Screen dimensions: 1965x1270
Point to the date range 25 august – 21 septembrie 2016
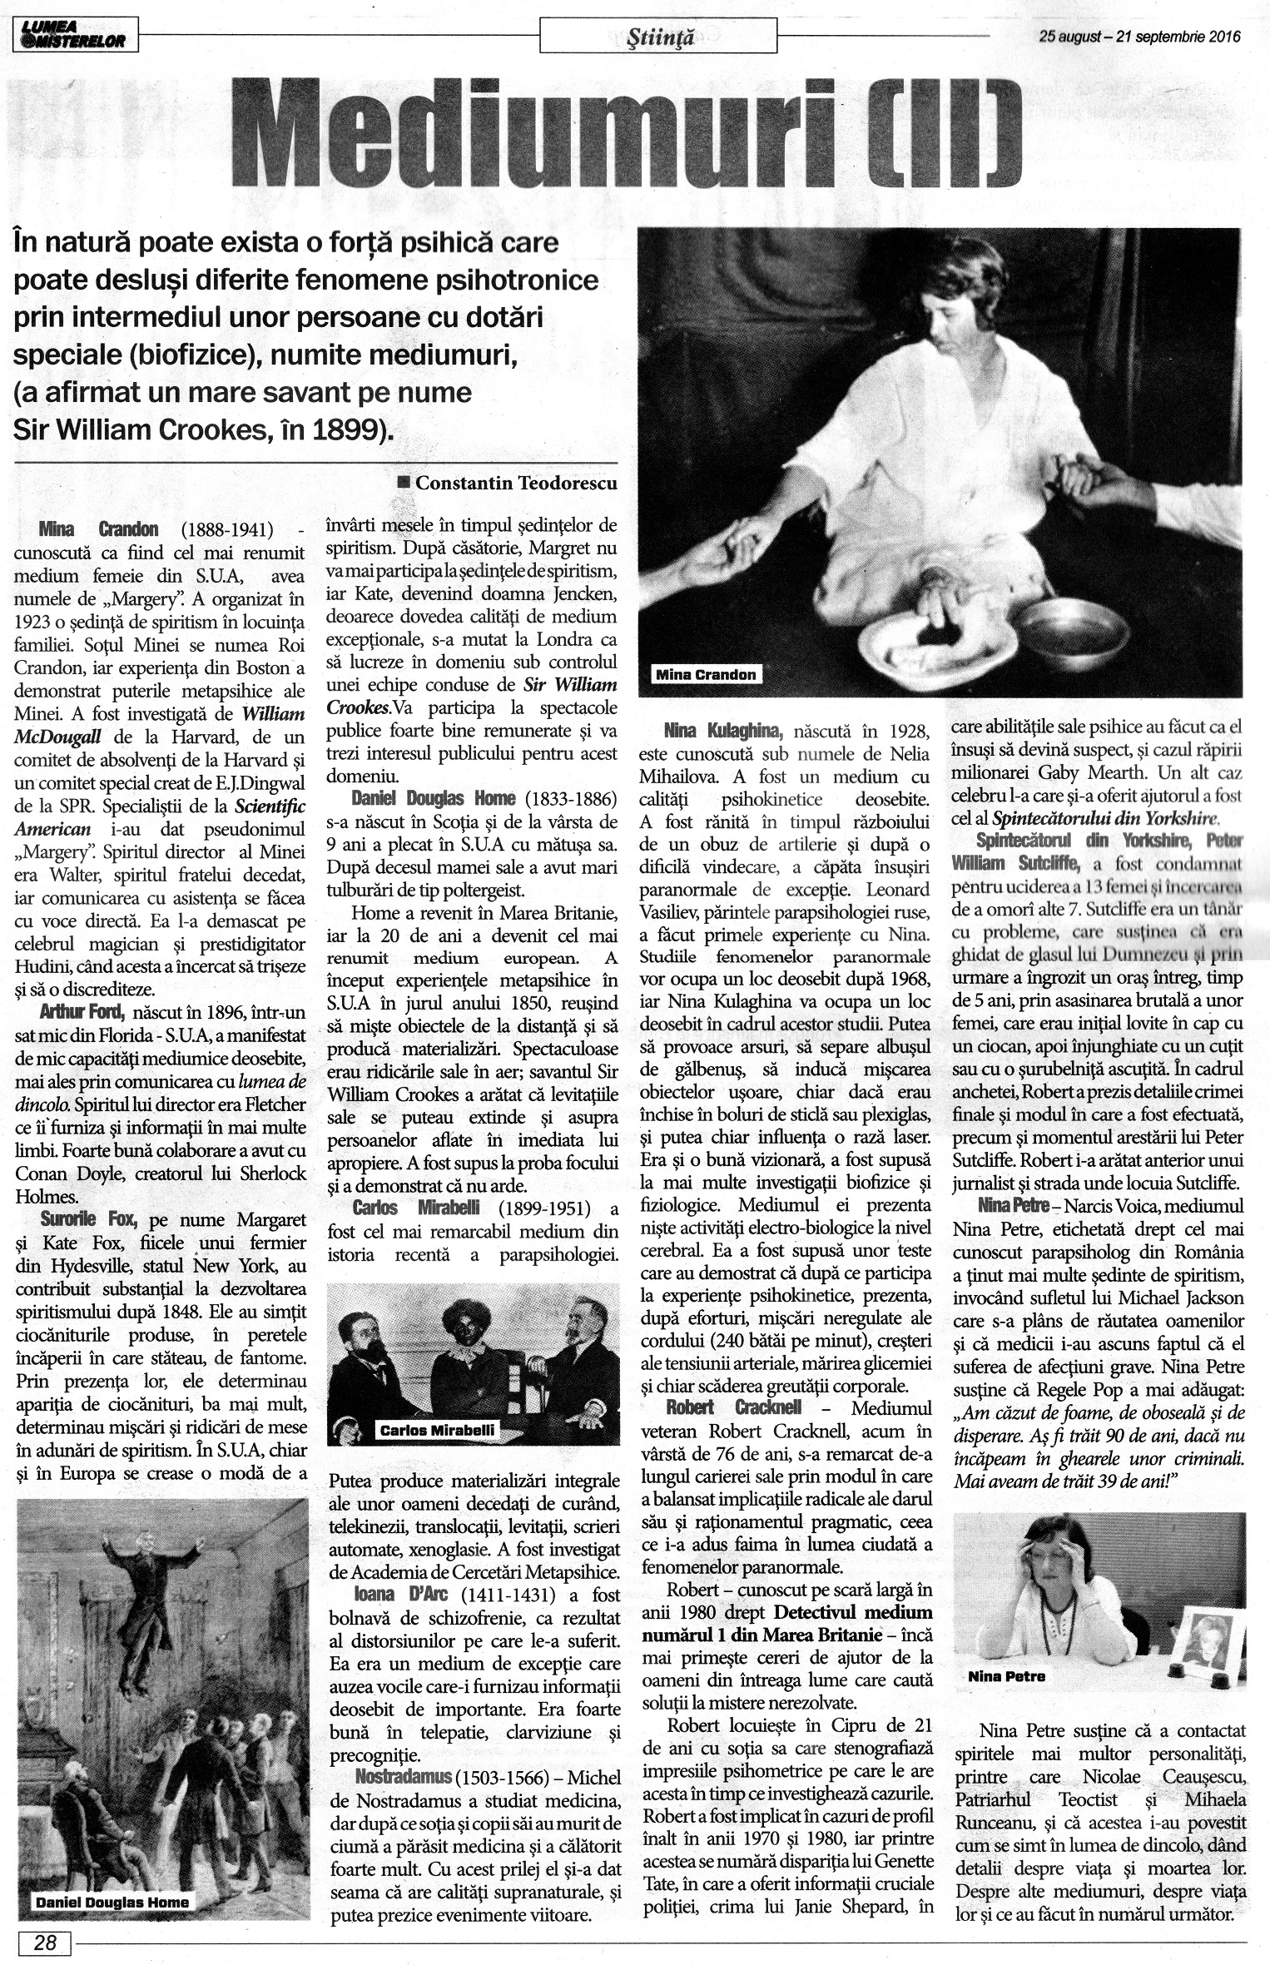click(x=1139, y=37)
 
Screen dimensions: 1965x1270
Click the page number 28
click(x=45, y=1937)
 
